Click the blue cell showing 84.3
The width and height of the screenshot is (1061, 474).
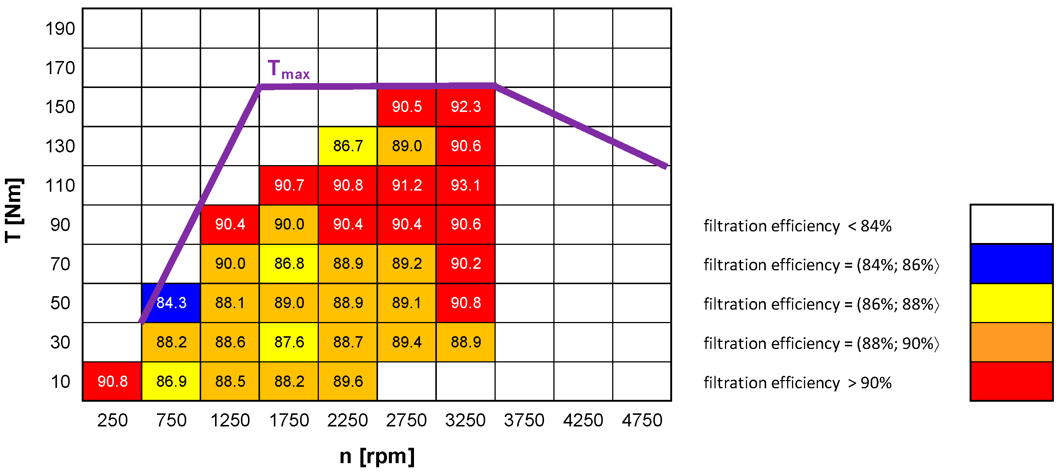click(171, 303)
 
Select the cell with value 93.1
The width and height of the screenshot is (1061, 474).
click(465, 185)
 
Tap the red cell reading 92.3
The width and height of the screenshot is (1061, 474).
click(465, 107)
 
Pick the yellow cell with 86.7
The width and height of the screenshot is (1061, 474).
click(348, 146)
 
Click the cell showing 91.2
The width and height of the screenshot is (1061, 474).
click(406, 185)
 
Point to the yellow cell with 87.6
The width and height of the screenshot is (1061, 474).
click(289, 342)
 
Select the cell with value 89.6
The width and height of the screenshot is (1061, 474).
click(348, 381)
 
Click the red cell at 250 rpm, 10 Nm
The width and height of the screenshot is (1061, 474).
click(112, 381)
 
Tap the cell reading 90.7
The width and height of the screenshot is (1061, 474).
click(289, 185)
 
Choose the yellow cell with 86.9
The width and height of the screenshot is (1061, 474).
click(171, 381)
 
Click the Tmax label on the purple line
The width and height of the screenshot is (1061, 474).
click(288, 69)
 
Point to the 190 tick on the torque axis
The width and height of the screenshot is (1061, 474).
click(60, 28)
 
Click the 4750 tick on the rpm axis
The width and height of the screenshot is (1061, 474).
click(642, 420)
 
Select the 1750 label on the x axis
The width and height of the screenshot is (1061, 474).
click(289, 420)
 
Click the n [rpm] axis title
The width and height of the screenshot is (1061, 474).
click(377, 456)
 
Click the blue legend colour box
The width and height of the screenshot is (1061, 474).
click(1011, 264)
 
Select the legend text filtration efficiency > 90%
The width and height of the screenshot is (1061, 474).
click(797, 383)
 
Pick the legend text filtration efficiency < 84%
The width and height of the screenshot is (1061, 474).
click(797, 226)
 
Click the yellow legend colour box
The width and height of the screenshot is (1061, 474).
click(1011, 303)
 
